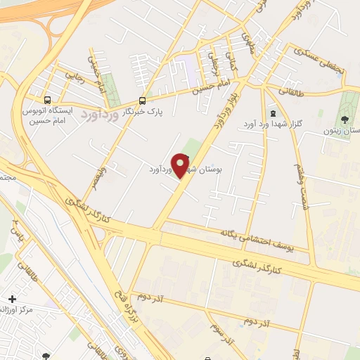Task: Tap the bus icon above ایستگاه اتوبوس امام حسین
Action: (x=47, y=100)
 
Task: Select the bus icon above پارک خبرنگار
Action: (x=142, y=101)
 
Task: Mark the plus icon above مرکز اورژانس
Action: (x=11, y=299)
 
